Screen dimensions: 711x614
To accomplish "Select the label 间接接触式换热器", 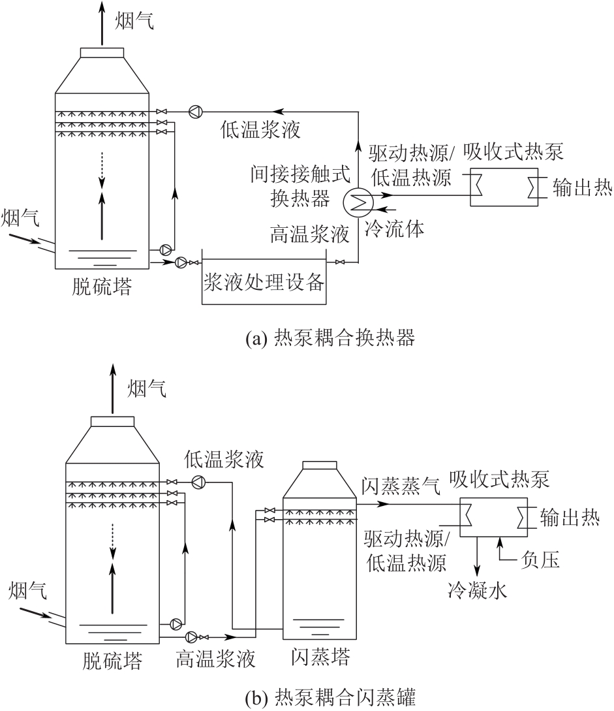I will pos(301,187).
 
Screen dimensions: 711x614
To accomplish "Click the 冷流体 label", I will pos(390,228).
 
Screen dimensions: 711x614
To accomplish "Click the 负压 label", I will pos(542,560).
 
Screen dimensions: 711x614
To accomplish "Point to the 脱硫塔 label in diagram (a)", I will pos(101,287).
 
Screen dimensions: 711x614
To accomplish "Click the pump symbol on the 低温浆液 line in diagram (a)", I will pos(195,111).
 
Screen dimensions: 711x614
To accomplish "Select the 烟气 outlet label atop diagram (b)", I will pos(147,389).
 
